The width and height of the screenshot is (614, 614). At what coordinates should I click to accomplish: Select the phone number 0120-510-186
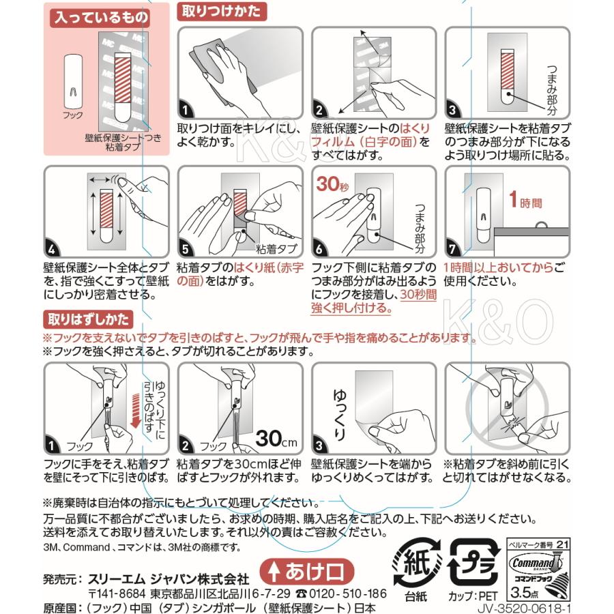[348, 593]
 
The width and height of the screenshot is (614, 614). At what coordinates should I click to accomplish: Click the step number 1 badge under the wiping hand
[186, 108]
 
